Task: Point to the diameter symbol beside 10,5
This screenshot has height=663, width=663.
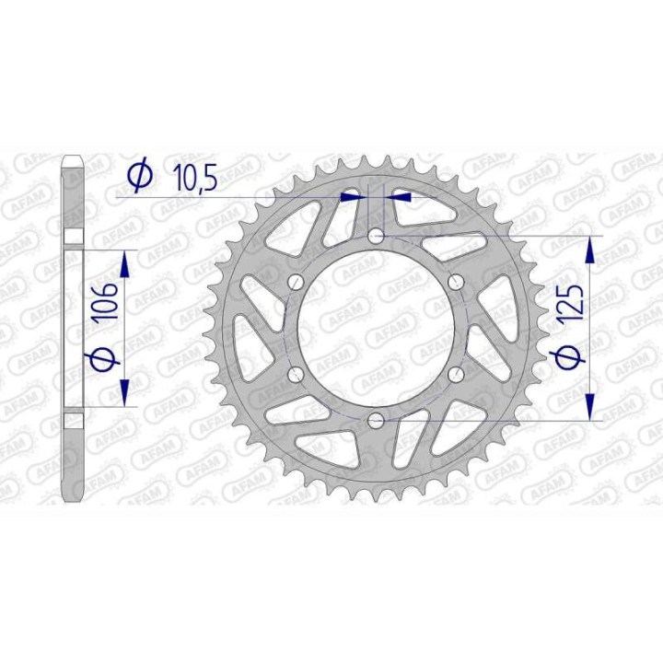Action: (x=140, y=175)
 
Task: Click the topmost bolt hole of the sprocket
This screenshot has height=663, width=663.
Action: (x=376, y=238)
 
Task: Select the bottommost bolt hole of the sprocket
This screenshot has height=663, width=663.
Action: (x=376, y=421)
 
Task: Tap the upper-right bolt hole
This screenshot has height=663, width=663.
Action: (x=455, y=284)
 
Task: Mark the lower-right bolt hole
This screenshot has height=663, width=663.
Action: (x=455, y=375)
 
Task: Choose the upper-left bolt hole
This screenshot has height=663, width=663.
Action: (x=297, y=284)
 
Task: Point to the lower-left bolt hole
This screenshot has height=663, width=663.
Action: (x=297, y=375)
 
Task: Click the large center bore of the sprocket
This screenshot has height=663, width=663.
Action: (x=376, y=329)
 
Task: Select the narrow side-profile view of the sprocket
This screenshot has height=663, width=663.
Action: (x=74, y=329)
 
